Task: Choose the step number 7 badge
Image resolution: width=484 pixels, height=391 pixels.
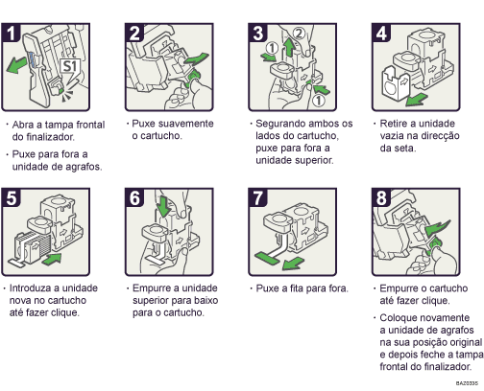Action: pos(258,199)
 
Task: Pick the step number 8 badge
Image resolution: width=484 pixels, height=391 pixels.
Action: pos(381,199)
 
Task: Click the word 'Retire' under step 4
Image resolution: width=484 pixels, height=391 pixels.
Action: pos(399,124)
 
